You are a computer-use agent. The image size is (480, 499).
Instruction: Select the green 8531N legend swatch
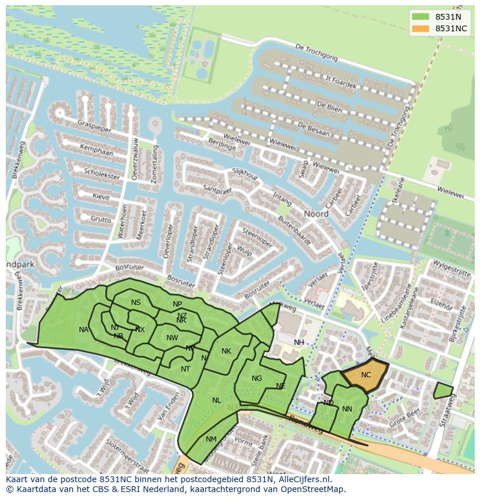pos(420,17)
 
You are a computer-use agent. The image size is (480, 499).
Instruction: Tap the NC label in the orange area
pos(366,375)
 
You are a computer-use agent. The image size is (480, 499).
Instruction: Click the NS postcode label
pos(136,303)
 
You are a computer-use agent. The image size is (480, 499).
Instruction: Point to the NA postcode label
pos(83,330)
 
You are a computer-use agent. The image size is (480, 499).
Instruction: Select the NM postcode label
pos(211,439)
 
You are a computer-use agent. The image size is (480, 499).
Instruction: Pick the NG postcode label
pos(257,378)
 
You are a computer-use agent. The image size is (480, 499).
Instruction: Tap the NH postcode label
pos(299,343)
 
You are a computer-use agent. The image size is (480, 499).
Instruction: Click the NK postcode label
pos(226,351)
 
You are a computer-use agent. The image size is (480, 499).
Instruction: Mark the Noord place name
pos(317,214)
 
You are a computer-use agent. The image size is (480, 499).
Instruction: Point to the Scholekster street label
pos(101,174)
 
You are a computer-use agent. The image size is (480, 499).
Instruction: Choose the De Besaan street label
pos(313,129)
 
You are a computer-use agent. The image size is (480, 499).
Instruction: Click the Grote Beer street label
pos(405,417)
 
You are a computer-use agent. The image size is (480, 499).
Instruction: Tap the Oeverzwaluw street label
pos(134,159)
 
